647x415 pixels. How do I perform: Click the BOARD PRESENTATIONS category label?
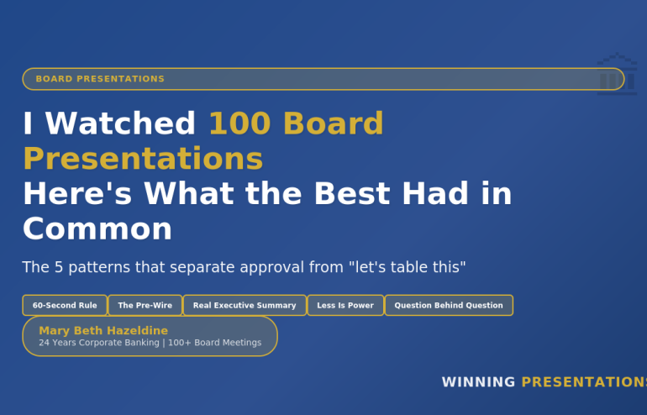[100, 79]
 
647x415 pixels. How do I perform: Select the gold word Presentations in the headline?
[143, 159]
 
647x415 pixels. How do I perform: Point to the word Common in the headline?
[97, 229]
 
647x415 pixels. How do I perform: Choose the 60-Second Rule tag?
[65, 306]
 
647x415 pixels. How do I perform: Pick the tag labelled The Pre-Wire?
[145, 306]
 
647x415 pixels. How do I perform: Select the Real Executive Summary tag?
[245, 306]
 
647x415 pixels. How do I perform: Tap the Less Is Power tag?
[345, 306]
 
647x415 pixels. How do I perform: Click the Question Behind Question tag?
[449, 306]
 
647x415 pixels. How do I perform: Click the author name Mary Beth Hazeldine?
[103, 331]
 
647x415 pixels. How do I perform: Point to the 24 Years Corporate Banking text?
[99, 343]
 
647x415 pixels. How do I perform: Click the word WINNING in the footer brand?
[478, 382]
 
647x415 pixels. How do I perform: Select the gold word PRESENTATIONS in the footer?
[584, 382]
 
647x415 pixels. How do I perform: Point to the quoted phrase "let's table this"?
[407, 268]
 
